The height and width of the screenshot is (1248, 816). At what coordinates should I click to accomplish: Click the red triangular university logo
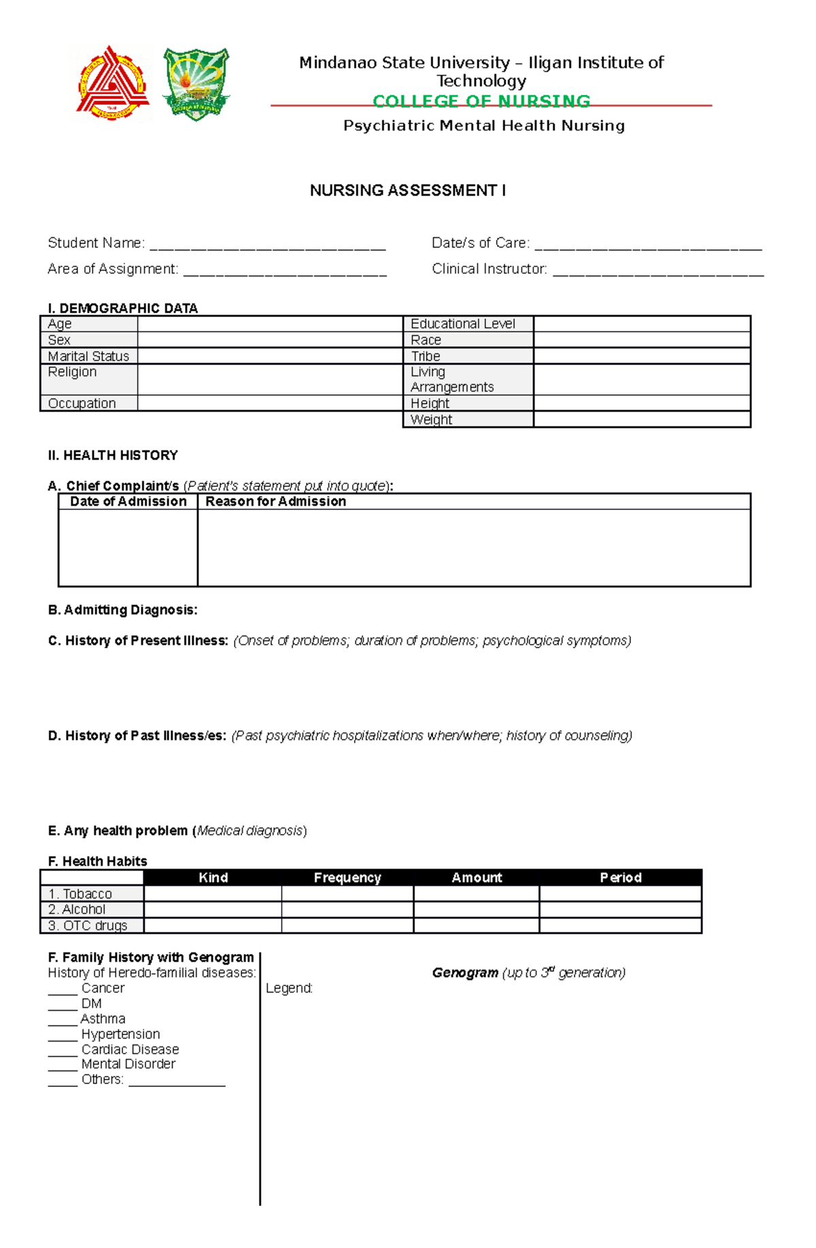pyautogui.click(x=112, y=84)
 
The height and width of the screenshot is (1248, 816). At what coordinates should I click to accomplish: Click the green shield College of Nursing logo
pyautogui.click(x=196, y=84)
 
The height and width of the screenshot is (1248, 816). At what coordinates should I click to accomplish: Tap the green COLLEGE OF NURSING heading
pyautogui.click(x=481, y=101)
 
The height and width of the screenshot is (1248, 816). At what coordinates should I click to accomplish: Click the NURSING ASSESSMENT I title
pyautogui.click(x=407, y=190)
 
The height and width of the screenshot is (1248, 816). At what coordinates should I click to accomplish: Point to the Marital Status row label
pyautogui.click(x=88, y=356)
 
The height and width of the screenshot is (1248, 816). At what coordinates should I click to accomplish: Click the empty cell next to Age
pyautogui.click(x=270, y=324)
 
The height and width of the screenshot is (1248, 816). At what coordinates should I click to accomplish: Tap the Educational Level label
pyautogui.click(x=462, y=324)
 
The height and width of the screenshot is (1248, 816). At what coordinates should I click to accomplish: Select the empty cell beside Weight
pyautogui.click(x=641, y=420)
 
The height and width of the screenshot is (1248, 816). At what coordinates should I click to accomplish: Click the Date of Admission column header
pyautogui.click(x=128, y=501)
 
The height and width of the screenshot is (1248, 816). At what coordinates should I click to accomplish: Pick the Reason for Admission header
pyautogui.click(x=275, y=501)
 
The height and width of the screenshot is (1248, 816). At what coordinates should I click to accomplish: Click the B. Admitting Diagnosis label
pyautogui.click(x=122, y=610)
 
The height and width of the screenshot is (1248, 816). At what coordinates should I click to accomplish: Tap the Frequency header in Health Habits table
pyautogui.click(x=347, y=877)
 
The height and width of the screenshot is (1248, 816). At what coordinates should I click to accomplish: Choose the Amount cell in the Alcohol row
pyautogui.click(x=476, y=909)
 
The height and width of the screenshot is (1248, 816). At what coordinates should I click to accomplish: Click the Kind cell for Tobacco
pyautogui.click(x=213, y=894)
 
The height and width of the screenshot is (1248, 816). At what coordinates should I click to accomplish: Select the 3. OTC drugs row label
pyautogui.click(x=88, y=926)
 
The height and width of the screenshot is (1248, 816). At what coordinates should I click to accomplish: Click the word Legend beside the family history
pyautogui.click(x=289, y=988)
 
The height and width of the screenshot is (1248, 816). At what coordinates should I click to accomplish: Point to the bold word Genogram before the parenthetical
pyautogui.click(x=465, y=973)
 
